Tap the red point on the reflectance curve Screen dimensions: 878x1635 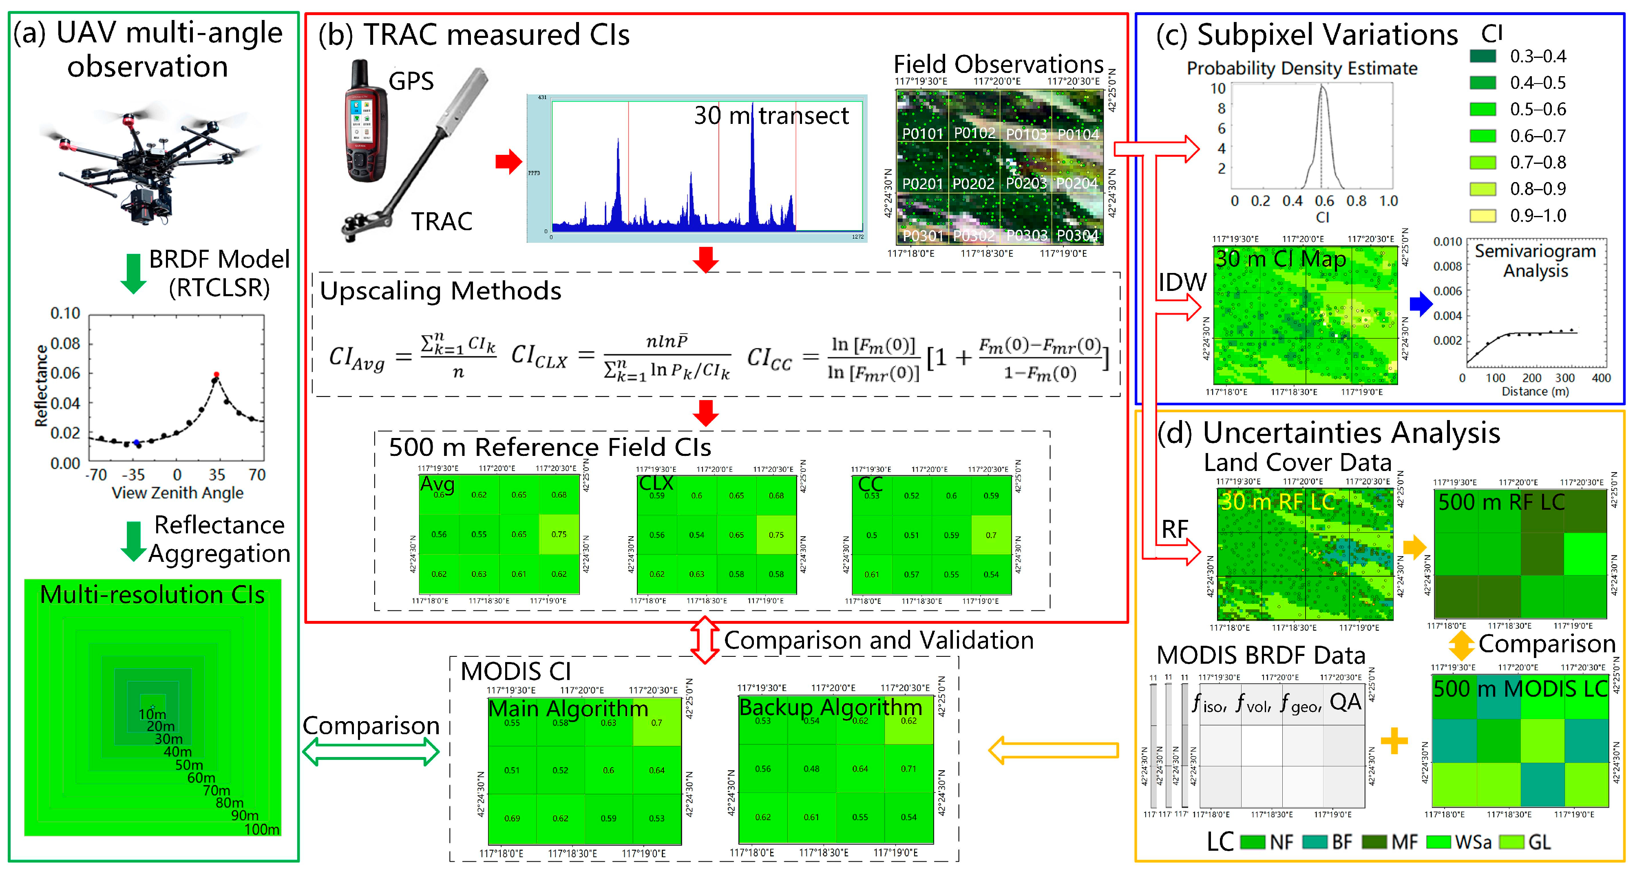[x=217, y=374]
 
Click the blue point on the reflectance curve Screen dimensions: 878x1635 [x=137, y=442]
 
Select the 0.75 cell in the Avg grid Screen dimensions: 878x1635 [x=559, y=534]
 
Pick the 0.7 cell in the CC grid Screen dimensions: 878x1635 [x=991, y=535]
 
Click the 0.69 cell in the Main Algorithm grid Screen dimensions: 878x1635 [x=512, y=819]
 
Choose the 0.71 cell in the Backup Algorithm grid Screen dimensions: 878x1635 [x=908, y=768]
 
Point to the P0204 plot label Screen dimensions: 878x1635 [x=1077, y=183]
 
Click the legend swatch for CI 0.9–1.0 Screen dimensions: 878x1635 [x=1483, y=216]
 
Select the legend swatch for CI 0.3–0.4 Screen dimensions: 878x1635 [x=1483, y=57]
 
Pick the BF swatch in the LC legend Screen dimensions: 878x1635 [x=1315, y=842]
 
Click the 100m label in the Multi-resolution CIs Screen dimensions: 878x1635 [x=261, y=829]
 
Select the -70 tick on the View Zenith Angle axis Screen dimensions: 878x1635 [x=97, y=475]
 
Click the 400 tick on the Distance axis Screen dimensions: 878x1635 [x=1601, y=378]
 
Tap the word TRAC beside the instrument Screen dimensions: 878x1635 [x=442, y=221]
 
